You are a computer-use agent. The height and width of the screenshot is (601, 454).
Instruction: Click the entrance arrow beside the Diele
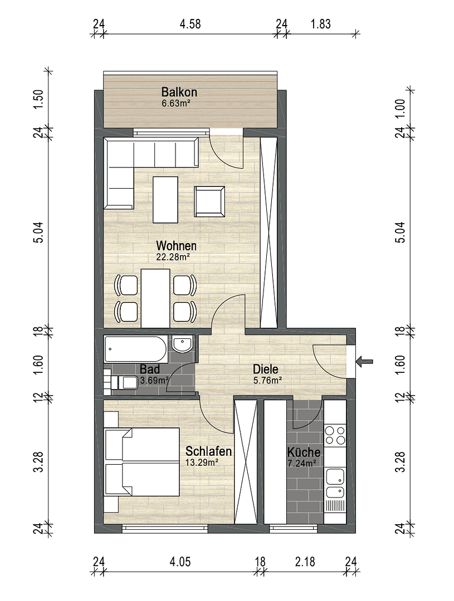pos(365,362)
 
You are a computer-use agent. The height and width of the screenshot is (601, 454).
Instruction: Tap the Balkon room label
pos(179,92)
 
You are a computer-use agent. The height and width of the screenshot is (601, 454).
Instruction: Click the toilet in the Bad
pos(126,382)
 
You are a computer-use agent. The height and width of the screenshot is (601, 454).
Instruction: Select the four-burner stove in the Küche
pos(336,435)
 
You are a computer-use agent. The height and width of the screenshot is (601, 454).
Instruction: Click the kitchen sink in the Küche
pos(335,482)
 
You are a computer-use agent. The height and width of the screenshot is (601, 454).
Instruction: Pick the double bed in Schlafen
pos(142,461)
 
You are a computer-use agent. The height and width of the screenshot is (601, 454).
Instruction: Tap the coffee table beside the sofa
pos(165,198)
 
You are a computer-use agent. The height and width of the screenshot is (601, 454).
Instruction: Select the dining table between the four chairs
pos(155,298)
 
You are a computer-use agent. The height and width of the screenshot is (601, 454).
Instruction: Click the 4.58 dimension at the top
pos(189,24)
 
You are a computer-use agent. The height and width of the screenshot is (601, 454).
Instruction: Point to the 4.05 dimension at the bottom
pos(180,562)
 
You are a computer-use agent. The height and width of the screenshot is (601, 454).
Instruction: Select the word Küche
pos(304,452)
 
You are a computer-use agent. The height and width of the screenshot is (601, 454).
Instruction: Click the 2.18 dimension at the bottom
pos(305,562)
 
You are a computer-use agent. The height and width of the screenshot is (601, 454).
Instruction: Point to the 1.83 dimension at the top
pos(320,24)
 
